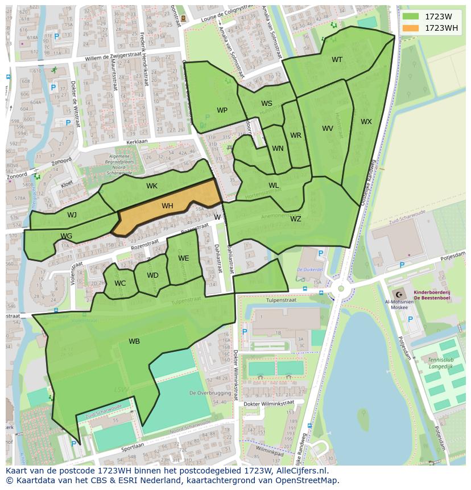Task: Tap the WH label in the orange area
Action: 167,206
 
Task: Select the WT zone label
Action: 337,60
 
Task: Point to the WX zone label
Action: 366,122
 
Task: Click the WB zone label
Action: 134,341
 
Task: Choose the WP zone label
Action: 222,110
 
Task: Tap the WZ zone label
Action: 296,219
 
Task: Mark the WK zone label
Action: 152,186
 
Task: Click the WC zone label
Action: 120,283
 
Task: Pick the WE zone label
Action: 183,258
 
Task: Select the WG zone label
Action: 67,236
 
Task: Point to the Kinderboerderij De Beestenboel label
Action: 432,294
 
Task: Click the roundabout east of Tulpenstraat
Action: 341,289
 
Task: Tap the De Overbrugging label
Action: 210,393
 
